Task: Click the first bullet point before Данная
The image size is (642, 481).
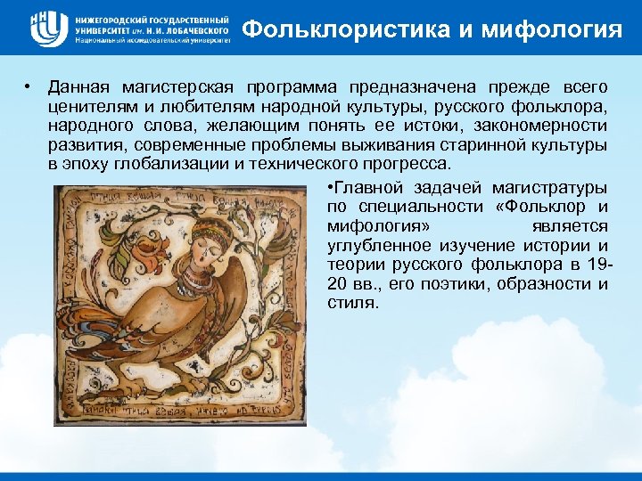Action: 30,87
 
